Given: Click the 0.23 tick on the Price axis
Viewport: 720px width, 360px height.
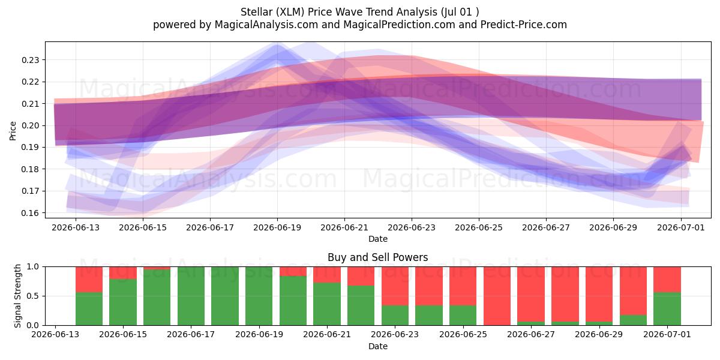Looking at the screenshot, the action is coord(30,60).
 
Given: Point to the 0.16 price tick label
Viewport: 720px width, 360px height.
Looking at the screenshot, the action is coord(30,213).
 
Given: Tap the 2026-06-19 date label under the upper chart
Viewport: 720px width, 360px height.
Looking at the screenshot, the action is coord(277,227).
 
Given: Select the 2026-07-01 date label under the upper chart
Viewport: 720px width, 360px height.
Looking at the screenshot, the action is coord(681,227).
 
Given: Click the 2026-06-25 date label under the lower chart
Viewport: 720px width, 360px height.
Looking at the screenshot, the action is coord(463,334).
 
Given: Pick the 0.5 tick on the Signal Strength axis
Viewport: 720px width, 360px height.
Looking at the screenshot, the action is coord(34,296).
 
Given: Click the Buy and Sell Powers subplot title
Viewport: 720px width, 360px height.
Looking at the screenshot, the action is coord(377,257).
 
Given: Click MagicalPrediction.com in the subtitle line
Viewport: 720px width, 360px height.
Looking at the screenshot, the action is coord(399,25).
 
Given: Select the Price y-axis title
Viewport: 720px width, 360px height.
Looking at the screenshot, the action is coord(13,131).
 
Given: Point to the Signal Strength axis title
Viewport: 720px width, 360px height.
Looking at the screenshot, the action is coord(17,296).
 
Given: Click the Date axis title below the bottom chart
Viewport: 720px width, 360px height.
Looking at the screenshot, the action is coord(377,346).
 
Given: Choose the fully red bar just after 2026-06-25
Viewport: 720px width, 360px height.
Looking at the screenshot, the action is coord(497,296).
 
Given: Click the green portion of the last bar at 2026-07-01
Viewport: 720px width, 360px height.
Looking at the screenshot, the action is coord(667,308).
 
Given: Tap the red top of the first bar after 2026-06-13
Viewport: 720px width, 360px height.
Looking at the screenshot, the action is coord(89,280).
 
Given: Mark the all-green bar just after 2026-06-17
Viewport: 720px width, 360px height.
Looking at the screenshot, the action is coord(225,296).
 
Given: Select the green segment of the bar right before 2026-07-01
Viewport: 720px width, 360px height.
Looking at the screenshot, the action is coord(633,320).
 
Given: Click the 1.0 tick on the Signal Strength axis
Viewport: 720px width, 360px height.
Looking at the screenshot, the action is coord(34,266).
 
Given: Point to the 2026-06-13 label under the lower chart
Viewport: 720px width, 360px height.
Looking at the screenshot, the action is coord(55,334).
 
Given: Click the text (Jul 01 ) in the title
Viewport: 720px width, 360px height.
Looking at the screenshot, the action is coord(460,12).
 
